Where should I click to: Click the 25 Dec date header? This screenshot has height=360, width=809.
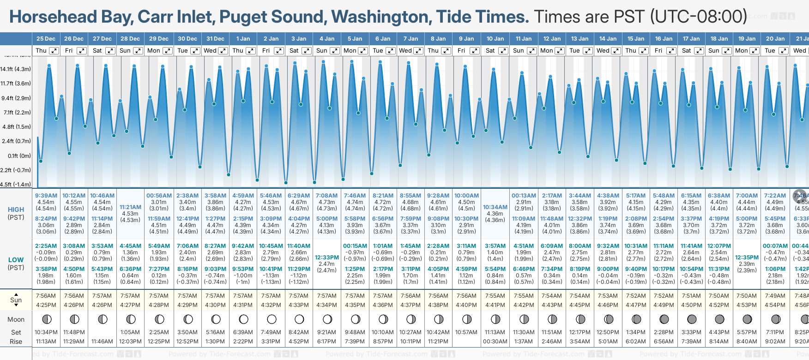coord(46,39)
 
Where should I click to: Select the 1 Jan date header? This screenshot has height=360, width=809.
coord(243,39)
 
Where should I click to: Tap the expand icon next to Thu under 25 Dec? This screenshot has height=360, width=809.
coord(54,51)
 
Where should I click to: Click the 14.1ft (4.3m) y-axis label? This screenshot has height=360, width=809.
coord(16,69)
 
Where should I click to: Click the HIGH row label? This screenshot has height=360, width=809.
coord(16,210)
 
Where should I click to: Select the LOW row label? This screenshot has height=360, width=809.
coord(16,260)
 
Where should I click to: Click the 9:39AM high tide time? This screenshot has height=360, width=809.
coord(46,196)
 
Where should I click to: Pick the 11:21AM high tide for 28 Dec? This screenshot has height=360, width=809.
coord(130,207)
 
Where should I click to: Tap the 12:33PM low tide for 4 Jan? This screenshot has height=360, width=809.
coord(327,258)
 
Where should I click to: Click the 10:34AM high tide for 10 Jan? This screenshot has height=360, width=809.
coord(495,207)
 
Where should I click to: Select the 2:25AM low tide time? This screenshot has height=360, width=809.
coord(46,246)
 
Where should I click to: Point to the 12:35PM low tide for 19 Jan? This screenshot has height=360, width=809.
coord(747,258)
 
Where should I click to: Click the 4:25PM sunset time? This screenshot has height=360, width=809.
coord(46,305)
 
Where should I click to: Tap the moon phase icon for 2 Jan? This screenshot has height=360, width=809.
coord(272,319)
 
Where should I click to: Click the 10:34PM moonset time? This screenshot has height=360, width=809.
coord(46,332)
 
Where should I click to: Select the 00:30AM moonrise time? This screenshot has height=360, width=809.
coord(495,342)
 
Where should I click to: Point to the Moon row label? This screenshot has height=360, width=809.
coord(16,319)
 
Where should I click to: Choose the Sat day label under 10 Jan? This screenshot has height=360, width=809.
coord(490,51)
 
